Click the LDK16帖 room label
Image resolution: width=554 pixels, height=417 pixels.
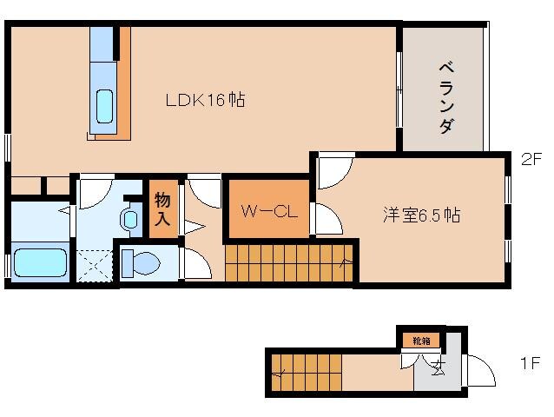pyautogui.click(x=205, y=101)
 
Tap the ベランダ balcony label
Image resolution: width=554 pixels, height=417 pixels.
pyautogui.click(x=445, y=96)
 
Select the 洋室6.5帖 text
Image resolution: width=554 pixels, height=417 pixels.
pyautogui.click(x=421, y=216)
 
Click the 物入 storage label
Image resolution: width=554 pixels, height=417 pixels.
pyautogui.click(x=162, y=208)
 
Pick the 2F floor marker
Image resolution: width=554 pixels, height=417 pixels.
pyautogui.click(x=531, y=159)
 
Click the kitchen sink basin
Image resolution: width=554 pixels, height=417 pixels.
pyautogui.click(x=104, y=107)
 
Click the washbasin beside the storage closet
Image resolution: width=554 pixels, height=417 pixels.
pyautogui.click(x=131, y=219)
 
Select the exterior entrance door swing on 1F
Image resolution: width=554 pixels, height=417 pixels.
pyautogui.click(x=480, y=372)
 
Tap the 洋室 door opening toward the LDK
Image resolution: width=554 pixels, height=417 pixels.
pyautogui.click(x=334, y=169)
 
